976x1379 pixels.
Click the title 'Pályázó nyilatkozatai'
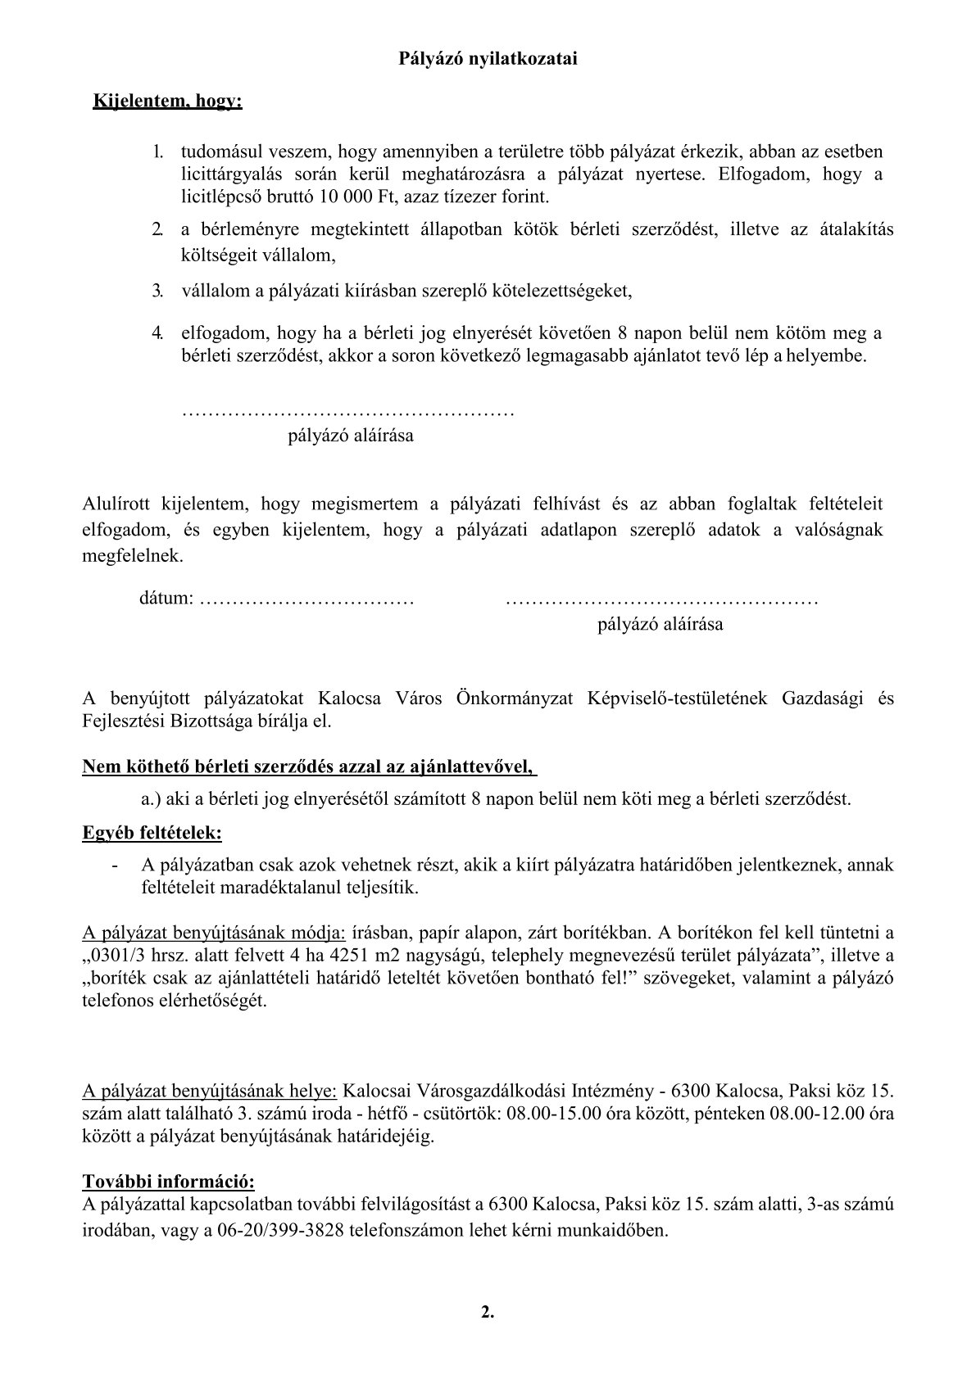pos(488,59)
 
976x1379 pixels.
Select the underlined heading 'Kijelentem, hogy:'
pos(168,102)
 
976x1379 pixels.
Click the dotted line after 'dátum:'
pos(306,599)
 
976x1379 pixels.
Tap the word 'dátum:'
pos(166,599)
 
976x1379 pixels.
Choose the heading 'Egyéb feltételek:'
pos(152,834)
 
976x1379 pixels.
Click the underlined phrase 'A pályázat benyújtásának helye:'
pos(210,1091)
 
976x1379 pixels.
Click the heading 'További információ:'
pos(169,1182)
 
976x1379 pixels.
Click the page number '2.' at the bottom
pos(488,1313)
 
